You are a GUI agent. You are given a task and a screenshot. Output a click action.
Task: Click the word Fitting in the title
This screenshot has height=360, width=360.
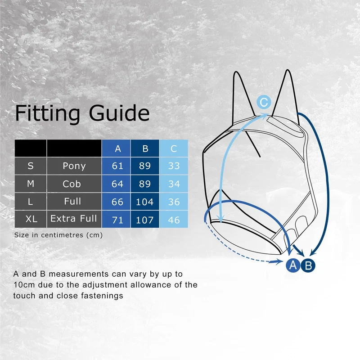click(x=48, y=113)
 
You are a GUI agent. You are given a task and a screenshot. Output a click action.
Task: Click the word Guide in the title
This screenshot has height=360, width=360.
click(x=119, y=112)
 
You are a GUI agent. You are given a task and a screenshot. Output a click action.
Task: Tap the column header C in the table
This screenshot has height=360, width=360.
click(x=174, y=148)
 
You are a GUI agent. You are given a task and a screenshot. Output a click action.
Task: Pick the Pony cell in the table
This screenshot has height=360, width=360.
click(x=74, y=166)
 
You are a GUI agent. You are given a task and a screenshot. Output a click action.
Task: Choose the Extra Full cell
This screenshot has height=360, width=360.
click(x=74, y=219)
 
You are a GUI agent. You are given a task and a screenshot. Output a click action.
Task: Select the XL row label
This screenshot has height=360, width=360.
click(x=31, y=219)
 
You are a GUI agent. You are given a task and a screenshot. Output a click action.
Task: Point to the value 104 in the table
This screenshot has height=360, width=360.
click(x=145, y=202)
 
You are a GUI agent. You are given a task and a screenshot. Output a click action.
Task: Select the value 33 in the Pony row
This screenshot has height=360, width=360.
click(x=174, y=166)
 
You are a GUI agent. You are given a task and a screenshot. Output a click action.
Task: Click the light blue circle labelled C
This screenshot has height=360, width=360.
click(x=264, y=102)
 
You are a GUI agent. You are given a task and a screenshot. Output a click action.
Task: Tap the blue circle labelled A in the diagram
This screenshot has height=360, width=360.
click(x=293, y=265)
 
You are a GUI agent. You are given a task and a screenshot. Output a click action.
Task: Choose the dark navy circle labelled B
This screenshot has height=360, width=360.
click(x=308, y=265)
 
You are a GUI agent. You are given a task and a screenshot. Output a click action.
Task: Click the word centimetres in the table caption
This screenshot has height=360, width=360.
click(x=62, y=235)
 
